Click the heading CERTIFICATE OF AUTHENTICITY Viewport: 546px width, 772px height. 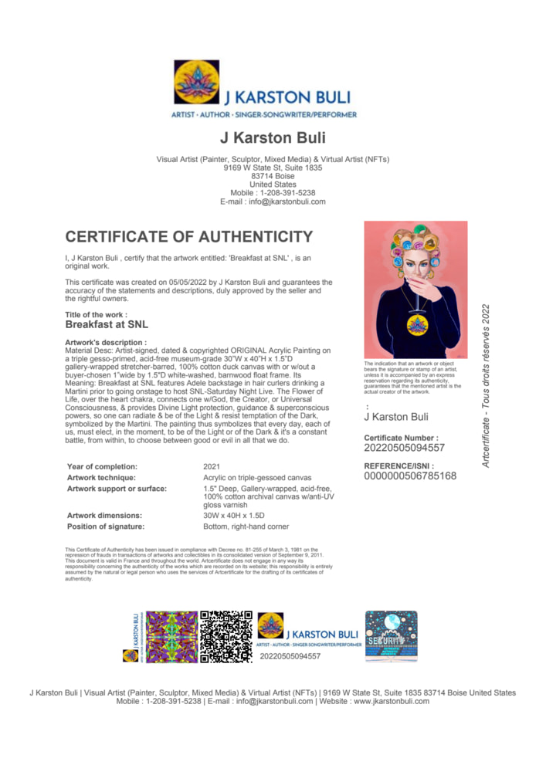click(x=189, y=237)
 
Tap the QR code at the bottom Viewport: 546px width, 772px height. click(x=226, y=637)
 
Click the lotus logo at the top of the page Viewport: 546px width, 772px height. click(x=196, y=82)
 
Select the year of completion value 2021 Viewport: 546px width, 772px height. click(x=212, y=467)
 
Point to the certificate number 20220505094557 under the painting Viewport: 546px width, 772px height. click(x=404, y=448)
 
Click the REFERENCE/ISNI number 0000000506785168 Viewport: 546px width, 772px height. click(x=410, y=476)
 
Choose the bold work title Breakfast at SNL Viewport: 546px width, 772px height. click(x=107, y=326)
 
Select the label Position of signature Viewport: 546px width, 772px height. click(x=106, y=527)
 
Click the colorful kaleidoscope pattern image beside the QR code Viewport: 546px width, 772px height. click(x=171, y=637)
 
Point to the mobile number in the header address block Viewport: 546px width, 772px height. click(x=273, y=193)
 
